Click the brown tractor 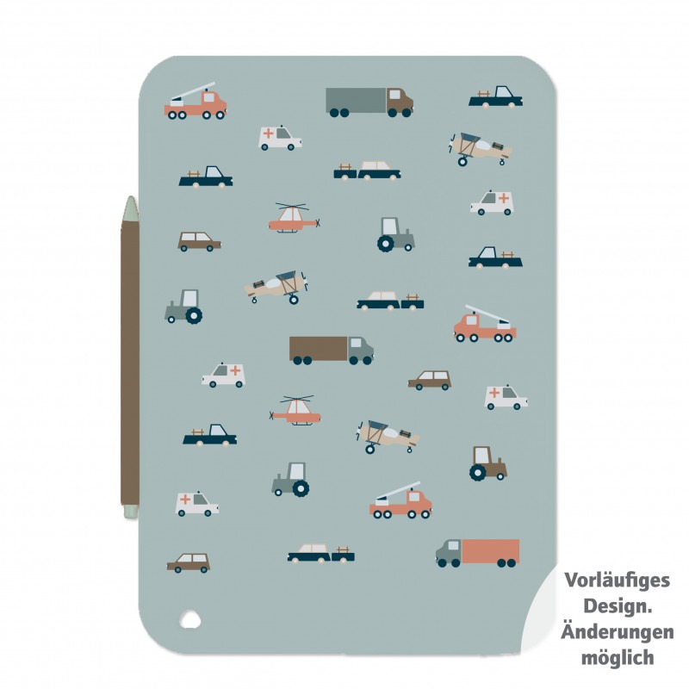(487, 463)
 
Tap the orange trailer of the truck (490, 551)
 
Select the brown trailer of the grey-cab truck (319, 349)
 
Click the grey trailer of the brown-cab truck (356, 101)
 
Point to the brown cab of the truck (400, 102)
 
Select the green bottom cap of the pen (131, 511)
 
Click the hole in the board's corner (190, 619)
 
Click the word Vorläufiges (617, 580)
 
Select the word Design (618, 606)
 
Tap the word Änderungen (617, 632)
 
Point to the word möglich (618, 658)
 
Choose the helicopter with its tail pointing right (295, 218)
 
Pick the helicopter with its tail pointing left (295, 411)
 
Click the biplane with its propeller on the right (276, 287)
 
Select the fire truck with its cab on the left (485, 325)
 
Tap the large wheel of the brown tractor (478, 472)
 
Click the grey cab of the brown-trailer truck (360, 350)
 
